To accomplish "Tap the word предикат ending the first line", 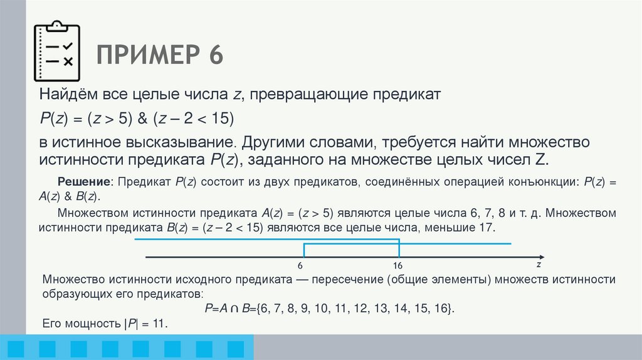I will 408,95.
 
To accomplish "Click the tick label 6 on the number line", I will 300,267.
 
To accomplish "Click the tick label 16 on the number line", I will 397,267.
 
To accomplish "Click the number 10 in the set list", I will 320,309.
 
